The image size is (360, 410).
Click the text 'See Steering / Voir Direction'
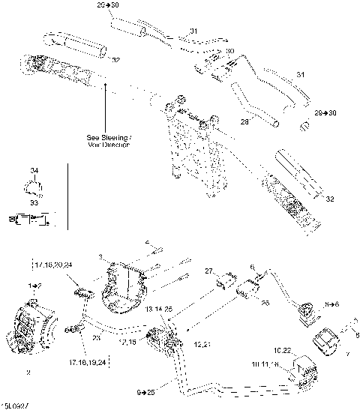pos(108,140)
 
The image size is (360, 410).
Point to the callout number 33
pos(32,202)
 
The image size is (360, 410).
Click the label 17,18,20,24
pos(52,265)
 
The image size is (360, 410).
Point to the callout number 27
pos(209,270)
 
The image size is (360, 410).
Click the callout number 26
pos(264,304)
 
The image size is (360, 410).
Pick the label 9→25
pos(147,392)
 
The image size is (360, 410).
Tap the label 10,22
pos(282,350)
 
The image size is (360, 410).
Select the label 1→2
pos(34,286)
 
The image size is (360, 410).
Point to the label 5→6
pos(332,305)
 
